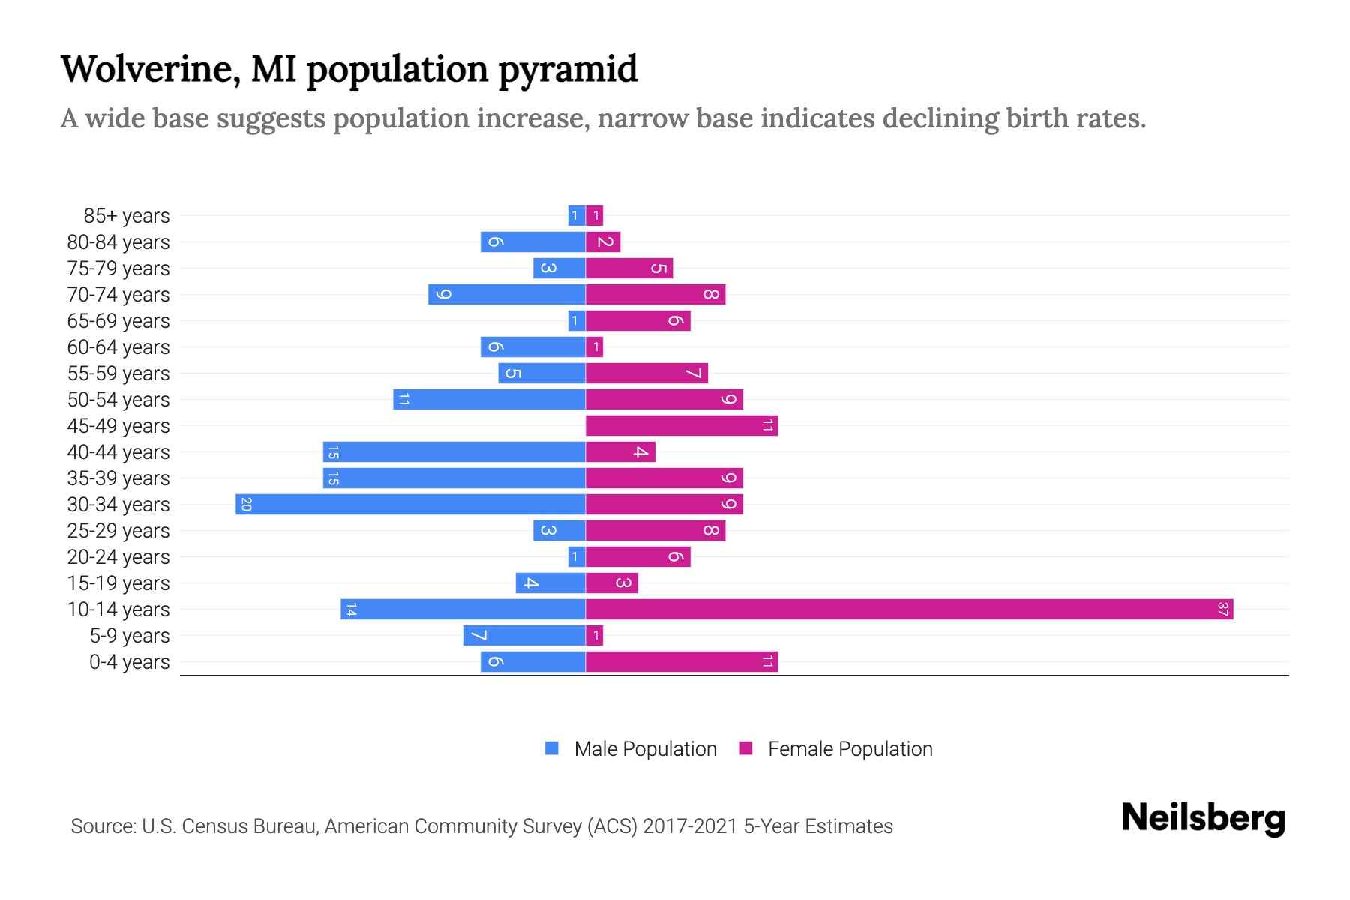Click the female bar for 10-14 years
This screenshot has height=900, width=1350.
tap(909, 609)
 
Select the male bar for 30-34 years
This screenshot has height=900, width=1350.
tap(410, 504)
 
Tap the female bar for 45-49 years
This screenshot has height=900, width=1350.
tap(681, 425)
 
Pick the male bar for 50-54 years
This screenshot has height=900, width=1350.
tap(489, 399)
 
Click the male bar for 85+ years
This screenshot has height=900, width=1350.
tap(576, 215)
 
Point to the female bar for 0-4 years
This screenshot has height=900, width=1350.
tap(681, 661)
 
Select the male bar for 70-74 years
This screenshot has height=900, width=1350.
tap(506, 294)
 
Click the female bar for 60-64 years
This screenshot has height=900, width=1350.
tap(594, 346)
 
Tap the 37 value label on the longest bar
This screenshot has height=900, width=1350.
tap(1222, 609)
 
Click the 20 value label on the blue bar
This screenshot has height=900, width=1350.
tap(246, 504)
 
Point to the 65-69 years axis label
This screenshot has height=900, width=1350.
tap(118, 321)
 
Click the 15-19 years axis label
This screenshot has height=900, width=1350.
tap(118, 583)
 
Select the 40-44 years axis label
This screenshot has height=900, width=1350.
tap(118, 452)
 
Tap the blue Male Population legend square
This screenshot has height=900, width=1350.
tap(552, 748)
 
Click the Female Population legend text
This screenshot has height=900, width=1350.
tap(850, 749)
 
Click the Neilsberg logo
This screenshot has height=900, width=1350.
tap(1203, 817)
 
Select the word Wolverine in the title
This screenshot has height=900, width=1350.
tap(150, 69)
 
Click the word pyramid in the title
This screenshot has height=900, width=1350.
tap(568, 69)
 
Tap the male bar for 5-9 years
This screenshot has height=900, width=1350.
tap(523, 635)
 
